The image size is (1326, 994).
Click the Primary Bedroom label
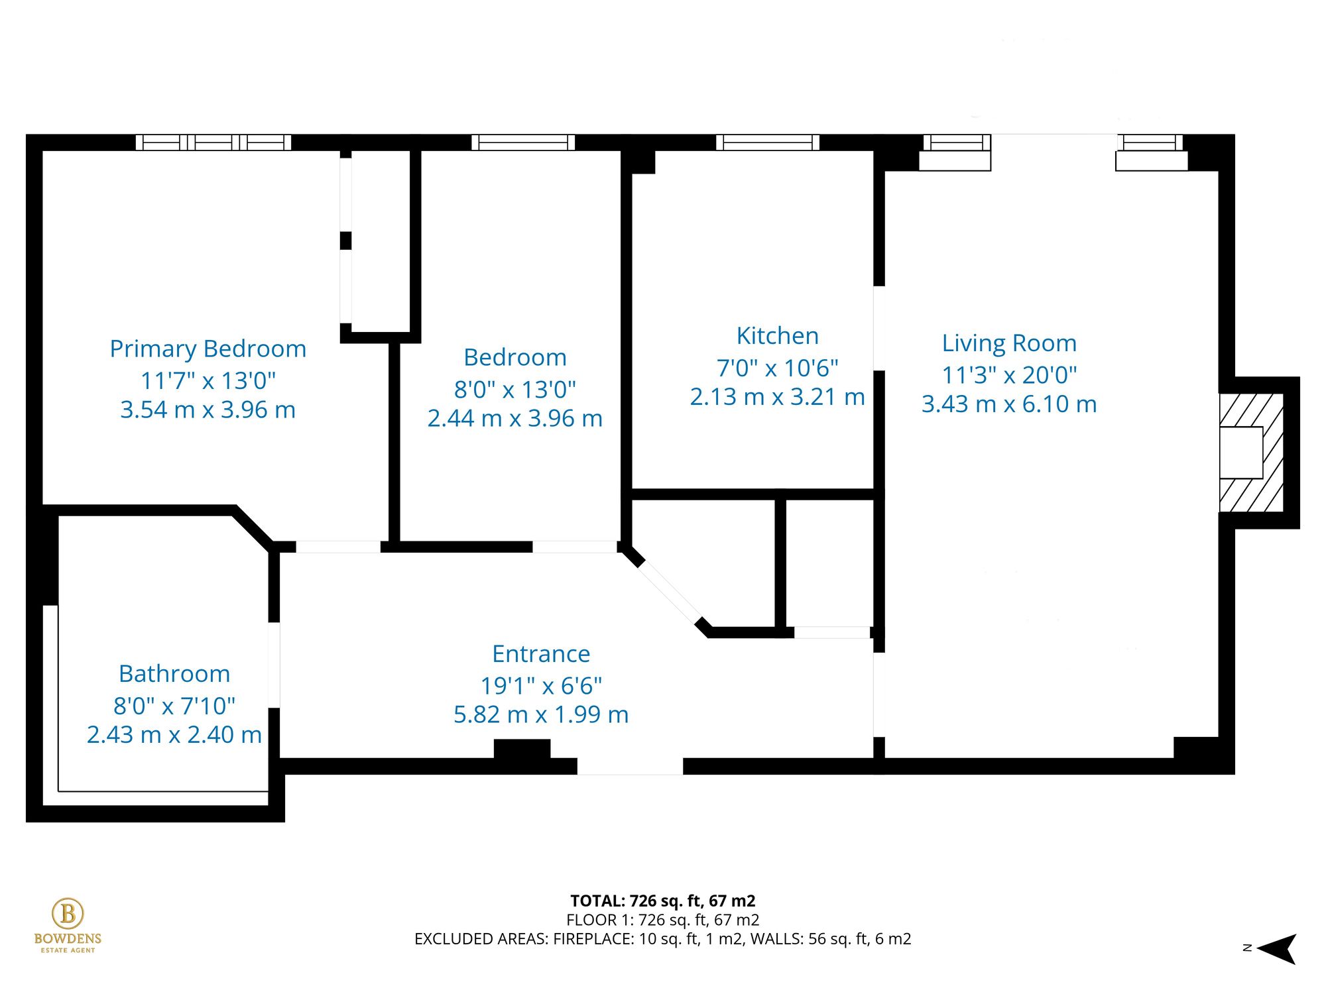click(x=208, y=349)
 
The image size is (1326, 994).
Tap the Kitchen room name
click(x=777, y=336)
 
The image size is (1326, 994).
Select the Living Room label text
click(x=1008, y=343)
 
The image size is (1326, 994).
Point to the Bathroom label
click(x=174, y=674)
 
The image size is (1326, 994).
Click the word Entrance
click(x=541, y=654)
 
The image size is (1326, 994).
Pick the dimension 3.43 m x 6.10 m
click(x=1008, y=404)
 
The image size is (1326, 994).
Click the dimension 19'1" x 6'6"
click(x=541, y=686)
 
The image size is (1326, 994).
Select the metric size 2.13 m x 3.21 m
click(x=777, y=397)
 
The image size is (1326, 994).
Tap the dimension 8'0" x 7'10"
click(x=174, y=706)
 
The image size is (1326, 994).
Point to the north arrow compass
click(x=1276, y=948)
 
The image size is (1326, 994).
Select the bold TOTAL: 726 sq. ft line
click(x=662, y=901)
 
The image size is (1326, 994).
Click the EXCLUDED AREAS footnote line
click(x=662, y=939)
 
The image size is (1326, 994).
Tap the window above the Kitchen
click(x=768, y=142)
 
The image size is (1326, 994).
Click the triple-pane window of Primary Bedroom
click(x=213, y=142)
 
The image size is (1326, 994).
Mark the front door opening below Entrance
click(x=630, y=767)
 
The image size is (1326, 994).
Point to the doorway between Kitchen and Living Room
click(x=879, y=328)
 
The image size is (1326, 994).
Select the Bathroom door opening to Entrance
click(x=274, y=665)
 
